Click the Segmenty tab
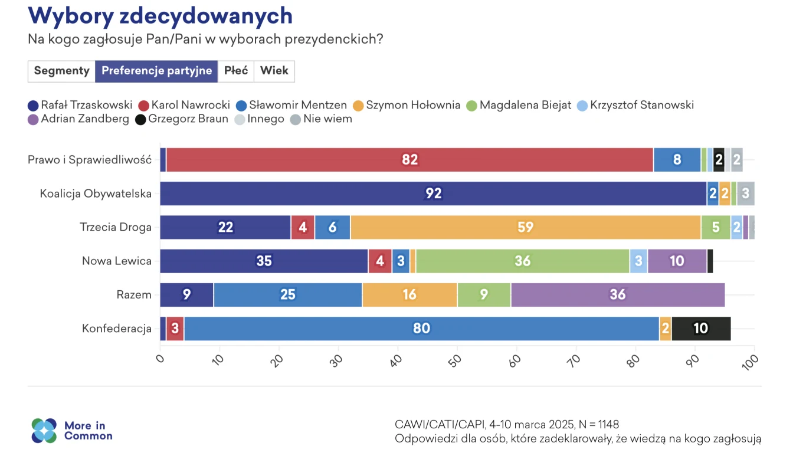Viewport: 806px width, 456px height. pyautogui.click(x=61, y=71)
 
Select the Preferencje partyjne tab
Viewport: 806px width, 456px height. pyautogui.click(x=156, y=71)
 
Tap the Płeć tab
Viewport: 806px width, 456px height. pyautogui.click(x=236, y=71)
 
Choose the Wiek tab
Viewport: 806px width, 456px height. pyautogui.click(x=274, y=71)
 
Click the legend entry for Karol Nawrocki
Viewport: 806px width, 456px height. pyautogui.click(x=184, y=105)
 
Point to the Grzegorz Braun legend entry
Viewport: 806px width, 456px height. pyautogui.click(x=182, y=119)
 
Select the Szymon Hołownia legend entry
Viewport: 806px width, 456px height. pyautogui.click(x=407, y=105)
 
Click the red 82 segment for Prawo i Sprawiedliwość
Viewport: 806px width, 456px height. pyautogui.click(x=409, y=160)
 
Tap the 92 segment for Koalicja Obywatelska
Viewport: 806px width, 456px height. pyautogui.click(x=433, y=193)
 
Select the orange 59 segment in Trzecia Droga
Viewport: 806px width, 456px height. pyautogui.click(x=525, y=227)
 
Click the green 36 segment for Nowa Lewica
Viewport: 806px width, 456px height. pyautogui.click(x=522, y=261)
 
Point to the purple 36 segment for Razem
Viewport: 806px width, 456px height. pyautogui.click(x=617, y=294)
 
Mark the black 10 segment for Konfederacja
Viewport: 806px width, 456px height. pyautogui.click(x=700, y=329)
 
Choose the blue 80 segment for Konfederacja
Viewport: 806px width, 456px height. pyautogui.click(x=421, y=329)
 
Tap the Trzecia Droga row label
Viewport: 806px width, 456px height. pyautogui.click(x=116, y=227)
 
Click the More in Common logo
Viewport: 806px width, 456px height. pyautogui.click(x=71, y=431)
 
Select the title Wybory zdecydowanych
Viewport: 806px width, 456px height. pyautogui.click(x=160, y=15)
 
